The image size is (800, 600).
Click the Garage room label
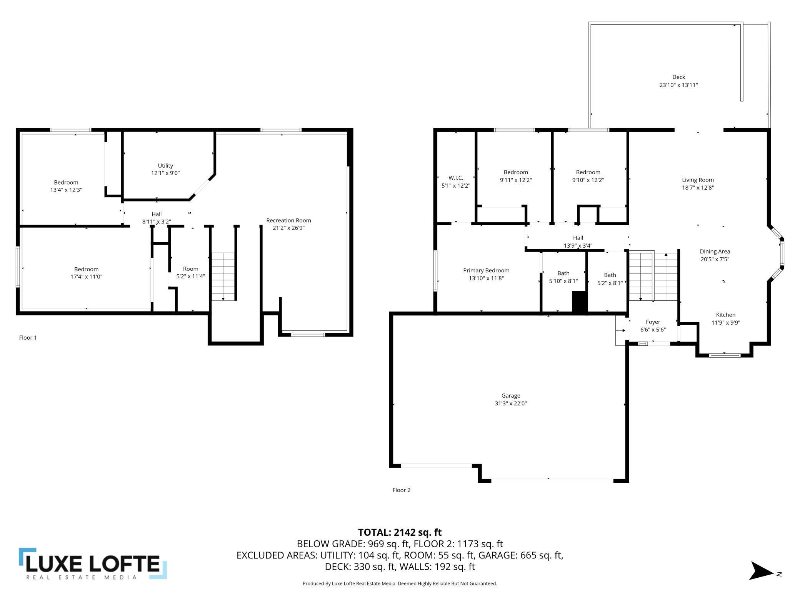(x=511, y=395)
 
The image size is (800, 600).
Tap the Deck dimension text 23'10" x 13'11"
(x=678, y=85)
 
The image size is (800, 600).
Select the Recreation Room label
(x=288, y=220)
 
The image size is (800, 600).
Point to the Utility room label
(x=165, y=166)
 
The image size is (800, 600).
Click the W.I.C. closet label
(x=456, y=178)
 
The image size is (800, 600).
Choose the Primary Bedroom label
(x=486, y=270)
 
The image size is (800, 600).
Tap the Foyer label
(x=653, y=322)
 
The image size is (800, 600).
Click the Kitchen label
(x=726, y=315)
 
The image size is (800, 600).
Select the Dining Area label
(x=715, y=252)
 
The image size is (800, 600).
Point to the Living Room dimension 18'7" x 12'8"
(x=698, y=188)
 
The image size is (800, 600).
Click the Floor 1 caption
(x=28, y=338)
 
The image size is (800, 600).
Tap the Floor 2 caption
(x=402, y=490)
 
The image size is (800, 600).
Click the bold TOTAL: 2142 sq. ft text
(x=400, y=532)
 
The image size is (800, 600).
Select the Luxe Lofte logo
(x=93, y=563)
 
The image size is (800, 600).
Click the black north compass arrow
(x=761, y=571)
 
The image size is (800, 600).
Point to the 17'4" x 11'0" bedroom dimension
(x=87, y=277)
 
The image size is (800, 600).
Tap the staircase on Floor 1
(x=223, y=277)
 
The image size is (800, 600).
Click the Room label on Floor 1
(x=191, y=269)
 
